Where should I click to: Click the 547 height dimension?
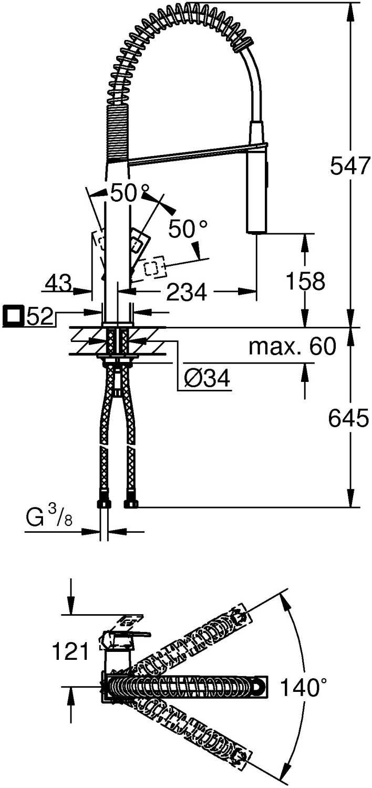click(350, 167)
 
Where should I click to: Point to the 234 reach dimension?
click(187, 291)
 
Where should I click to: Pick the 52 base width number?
click(40, 317)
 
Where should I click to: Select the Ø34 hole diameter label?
click(208, 378)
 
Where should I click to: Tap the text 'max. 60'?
click(292, 347)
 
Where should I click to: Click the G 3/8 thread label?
click(49, 517)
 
